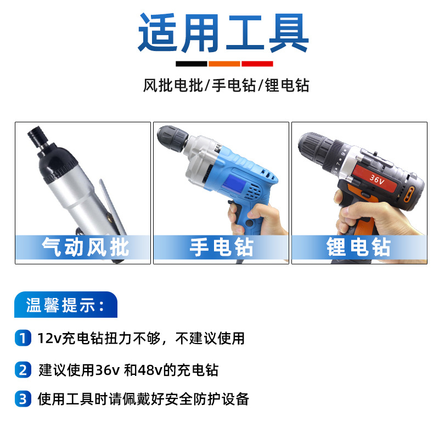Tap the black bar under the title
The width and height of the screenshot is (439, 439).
192,64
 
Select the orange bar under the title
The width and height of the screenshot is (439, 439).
224,64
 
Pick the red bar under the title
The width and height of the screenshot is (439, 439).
257,64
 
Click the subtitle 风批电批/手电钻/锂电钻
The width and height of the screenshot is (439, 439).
226,86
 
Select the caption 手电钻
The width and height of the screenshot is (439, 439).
221,247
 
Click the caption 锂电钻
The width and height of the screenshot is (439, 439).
359,247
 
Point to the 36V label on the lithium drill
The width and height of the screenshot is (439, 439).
378,179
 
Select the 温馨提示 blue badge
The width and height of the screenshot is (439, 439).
65,305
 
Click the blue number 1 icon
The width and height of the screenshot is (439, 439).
22,338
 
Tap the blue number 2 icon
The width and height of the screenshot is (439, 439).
22,369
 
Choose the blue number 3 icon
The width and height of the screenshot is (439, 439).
22,399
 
